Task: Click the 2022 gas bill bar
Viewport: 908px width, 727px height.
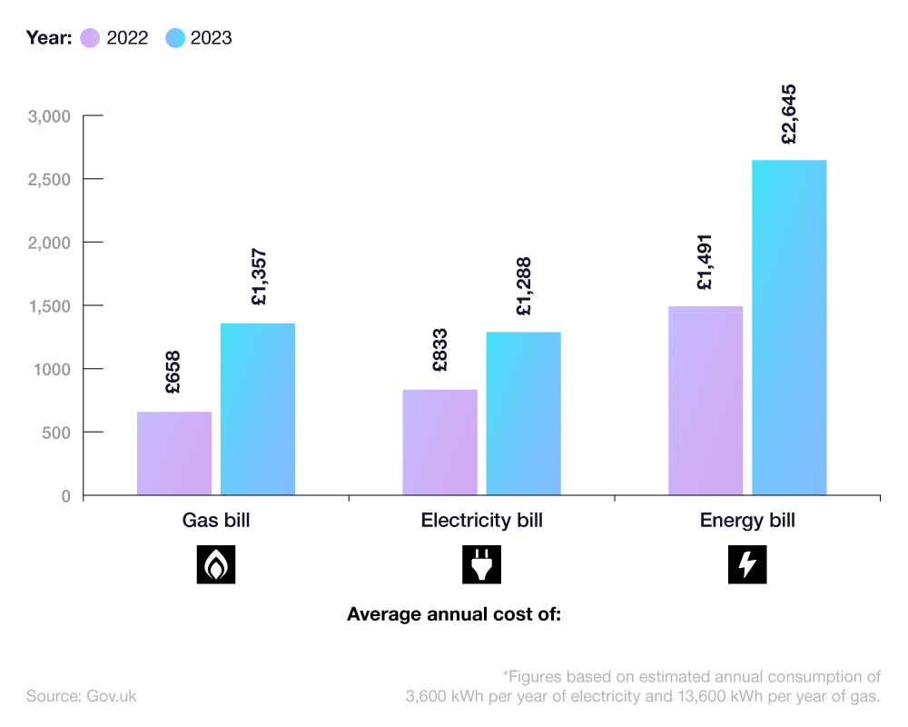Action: coord(174,453)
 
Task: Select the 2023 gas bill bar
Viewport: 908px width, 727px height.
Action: coord(258,409)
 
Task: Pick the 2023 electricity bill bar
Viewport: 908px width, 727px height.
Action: coord(523,413)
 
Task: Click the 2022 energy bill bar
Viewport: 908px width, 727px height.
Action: coord(706,401)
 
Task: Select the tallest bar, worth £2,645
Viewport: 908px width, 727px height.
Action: coord(789,327)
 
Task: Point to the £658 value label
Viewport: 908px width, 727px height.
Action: coord(173,373)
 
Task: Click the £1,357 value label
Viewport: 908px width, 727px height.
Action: coord(258,277)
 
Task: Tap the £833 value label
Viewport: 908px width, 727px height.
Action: coord(439,351)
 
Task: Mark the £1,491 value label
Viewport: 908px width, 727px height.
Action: coord(706,263)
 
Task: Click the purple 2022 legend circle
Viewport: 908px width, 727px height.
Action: coord(90,38)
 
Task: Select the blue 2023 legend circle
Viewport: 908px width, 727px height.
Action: coord(175,38)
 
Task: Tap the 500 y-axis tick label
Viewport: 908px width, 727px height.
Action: coord(56,433)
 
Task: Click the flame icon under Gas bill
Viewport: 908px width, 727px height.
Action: coord(216,564)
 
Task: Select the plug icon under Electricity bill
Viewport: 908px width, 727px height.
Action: coord(481,564)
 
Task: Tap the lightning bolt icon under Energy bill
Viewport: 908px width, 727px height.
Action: coord(747,564)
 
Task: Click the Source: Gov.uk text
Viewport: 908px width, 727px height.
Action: coord(81,696)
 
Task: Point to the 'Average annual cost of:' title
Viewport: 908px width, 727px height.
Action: coord(454,614)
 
